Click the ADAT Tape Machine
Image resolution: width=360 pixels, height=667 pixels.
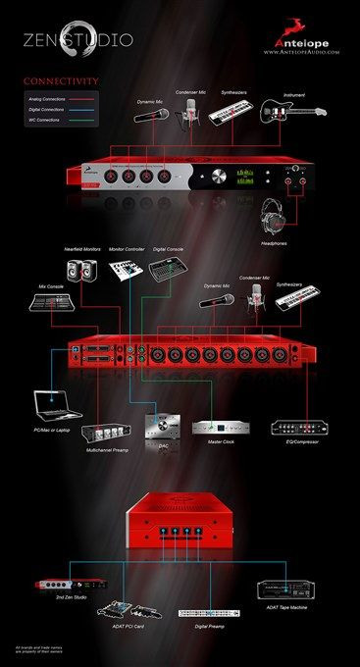pyautogui.click(x=285, y=590)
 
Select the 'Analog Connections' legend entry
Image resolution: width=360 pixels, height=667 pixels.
pyautogui.click(x=48, y=98)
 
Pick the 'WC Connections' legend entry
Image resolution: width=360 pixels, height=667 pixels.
pyautogui.click(x=44, y=120)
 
